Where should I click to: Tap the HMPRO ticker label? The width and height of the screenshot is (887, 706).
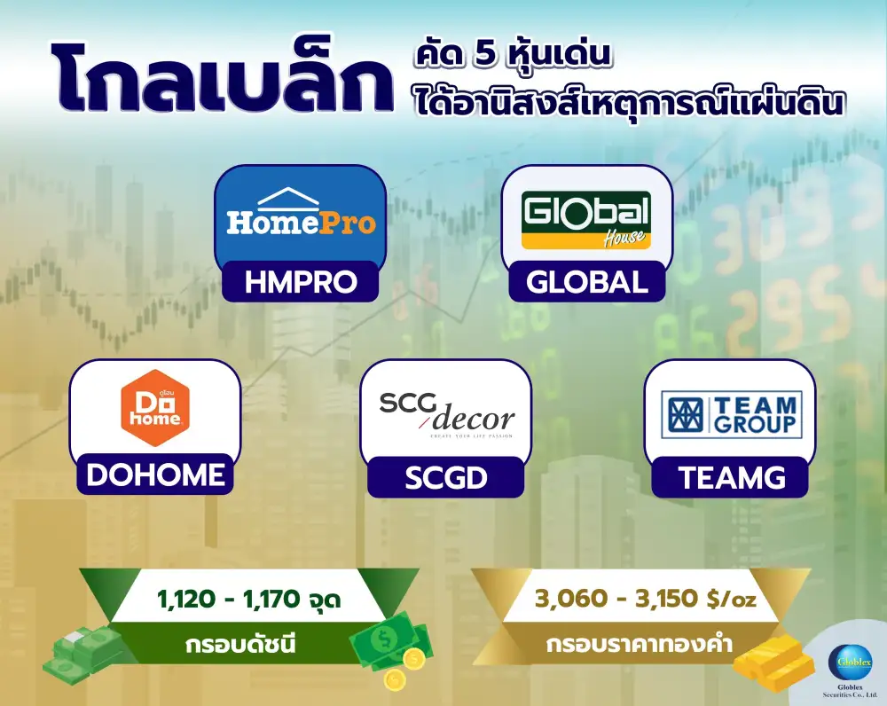point(301,281)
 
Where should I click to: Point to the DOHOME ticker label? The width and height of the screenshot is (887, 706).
point(155,475)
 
